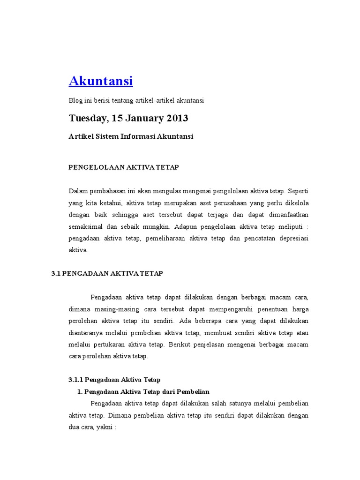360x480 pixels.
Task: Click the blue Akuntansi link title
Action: [101, 81]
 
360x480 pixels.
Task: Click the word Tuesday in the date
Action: [86, 118]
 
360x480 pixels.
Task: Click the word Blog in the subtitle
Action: [75, 100]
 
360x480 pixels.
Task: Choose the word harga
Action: [300, 309]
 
